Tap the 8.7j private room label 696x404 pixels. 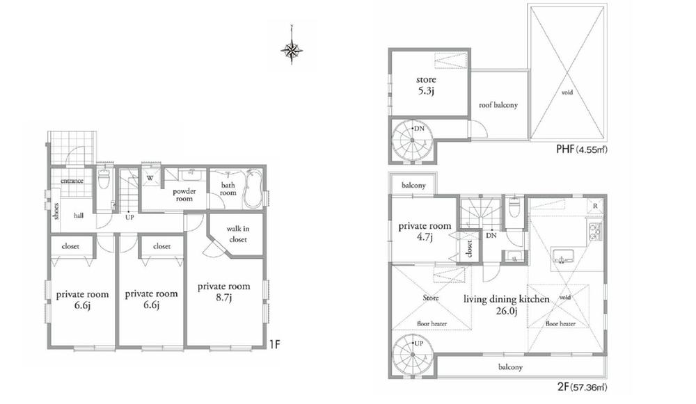pos(223,291)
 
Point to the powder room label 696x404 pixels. pos(184,195)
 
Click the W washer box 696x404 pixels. pos(150,177)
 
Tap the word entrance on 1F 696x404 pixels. pos(72,181)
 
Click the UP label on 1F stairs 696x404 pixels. pos(129,217)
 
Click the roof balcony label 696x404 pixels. pos(498,105)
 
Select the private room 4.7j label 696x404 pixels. pos(425,231)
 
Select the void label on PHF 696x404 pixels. pos(567,92)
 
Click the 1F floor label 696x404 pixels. pos(276,343)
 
